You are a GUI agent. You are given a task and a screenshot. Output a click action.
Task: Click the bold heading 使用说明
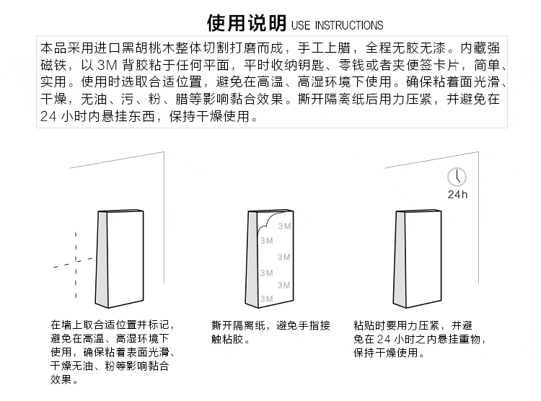(x=247, y=24)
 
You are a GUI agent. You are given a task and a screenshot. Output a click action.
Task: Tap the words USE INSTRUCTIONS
(x=337, y=26)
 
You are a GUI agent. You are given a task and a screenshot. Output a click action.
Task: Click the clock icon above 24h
(x=457, y=177)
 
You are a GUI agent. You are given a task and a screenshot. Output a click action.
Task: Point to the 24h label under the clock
(x=457, y=195)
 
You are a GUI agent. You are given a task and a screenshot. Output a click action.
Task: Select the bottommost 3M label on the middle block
(x=267, y=298)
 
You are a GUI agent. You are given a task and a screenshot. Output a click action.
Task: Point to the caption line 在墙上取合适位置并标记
(x=112, y=326)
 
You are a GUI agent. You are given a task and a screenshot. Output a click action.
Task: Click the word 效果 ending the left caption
(x=61, y=379)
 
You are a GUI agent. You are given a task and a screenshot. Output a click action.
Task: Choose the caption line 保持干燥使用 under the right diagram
(x=386, y=353)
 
